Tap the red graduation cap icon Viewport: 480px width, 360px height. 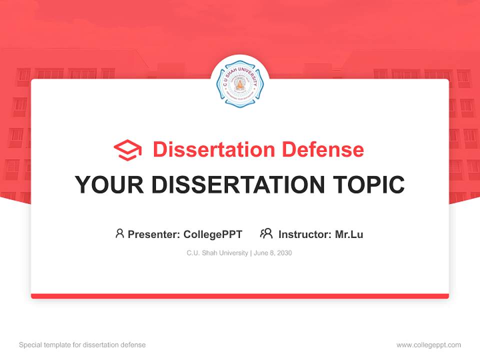point(127,149)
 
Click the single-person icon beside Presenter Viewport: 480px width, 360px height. point(119,233)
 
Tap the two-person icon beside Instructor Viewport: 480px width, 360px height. point(266,233)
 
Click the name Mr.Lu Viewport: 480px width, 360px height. point(349,234)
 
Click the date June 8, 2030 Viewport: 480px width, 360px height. point(273,253)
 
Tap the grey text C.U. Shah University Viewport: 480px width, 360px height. point(217,253)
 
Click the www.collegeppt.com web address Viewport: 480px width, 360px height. point(428,345)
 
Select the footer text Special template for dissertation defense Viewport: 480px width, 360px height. point(82,345)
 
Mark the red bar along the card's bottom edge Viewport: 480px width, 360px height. point(239,296)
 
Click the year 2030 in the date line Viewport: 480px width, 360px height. point(284,253)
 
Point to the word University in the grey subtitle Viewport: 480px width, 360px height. point(232,253)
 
